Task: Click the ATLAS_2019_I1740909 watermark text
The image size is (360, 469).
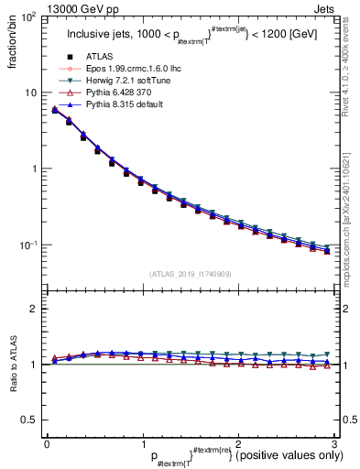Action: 190,274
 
